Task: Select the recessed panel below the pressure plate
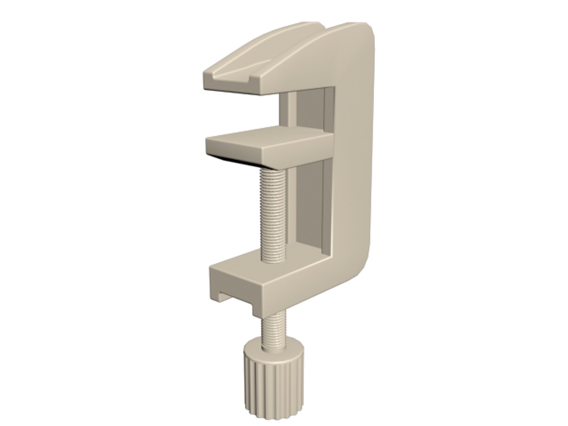(x=312, y=205)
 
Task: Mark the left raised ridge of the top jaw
(x=241, y=59)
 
